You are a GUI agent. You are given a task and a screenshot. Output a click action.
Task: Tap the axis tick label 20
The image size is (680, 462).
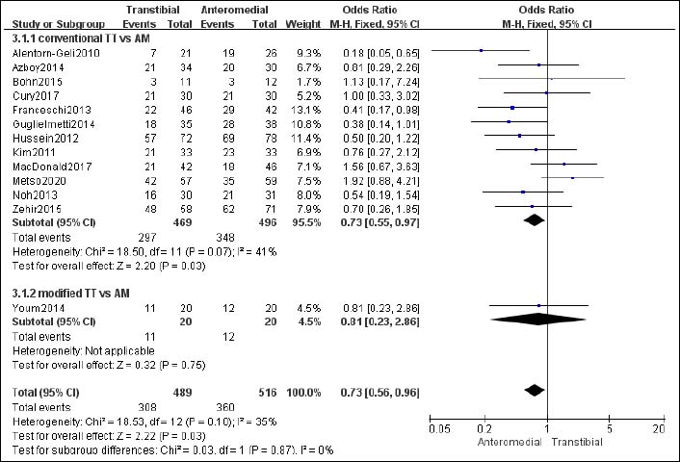[658, 427]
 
